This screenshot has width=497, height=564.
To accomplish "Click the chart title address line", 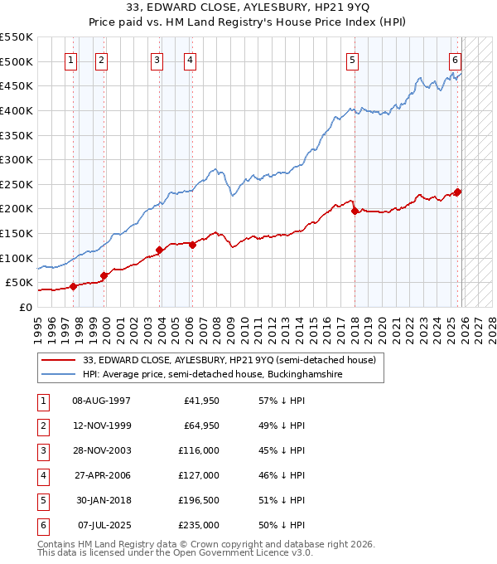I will [248, 7].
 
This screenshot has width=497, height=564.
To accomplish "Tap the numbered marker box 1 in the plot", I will [71, 60].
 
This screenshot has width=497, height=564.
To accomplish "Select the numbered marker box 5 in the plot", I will [353, 60].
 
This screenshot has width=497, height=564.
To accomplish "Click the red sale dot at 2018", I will [355, 211].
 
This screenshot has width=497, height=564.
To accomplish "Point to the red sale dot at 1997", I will [73, 286].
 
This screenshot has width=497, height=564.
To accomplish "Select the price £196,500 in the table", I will [199, 500].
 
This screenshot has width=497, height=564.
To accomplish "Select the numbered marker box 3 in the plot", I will [157, 60].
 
